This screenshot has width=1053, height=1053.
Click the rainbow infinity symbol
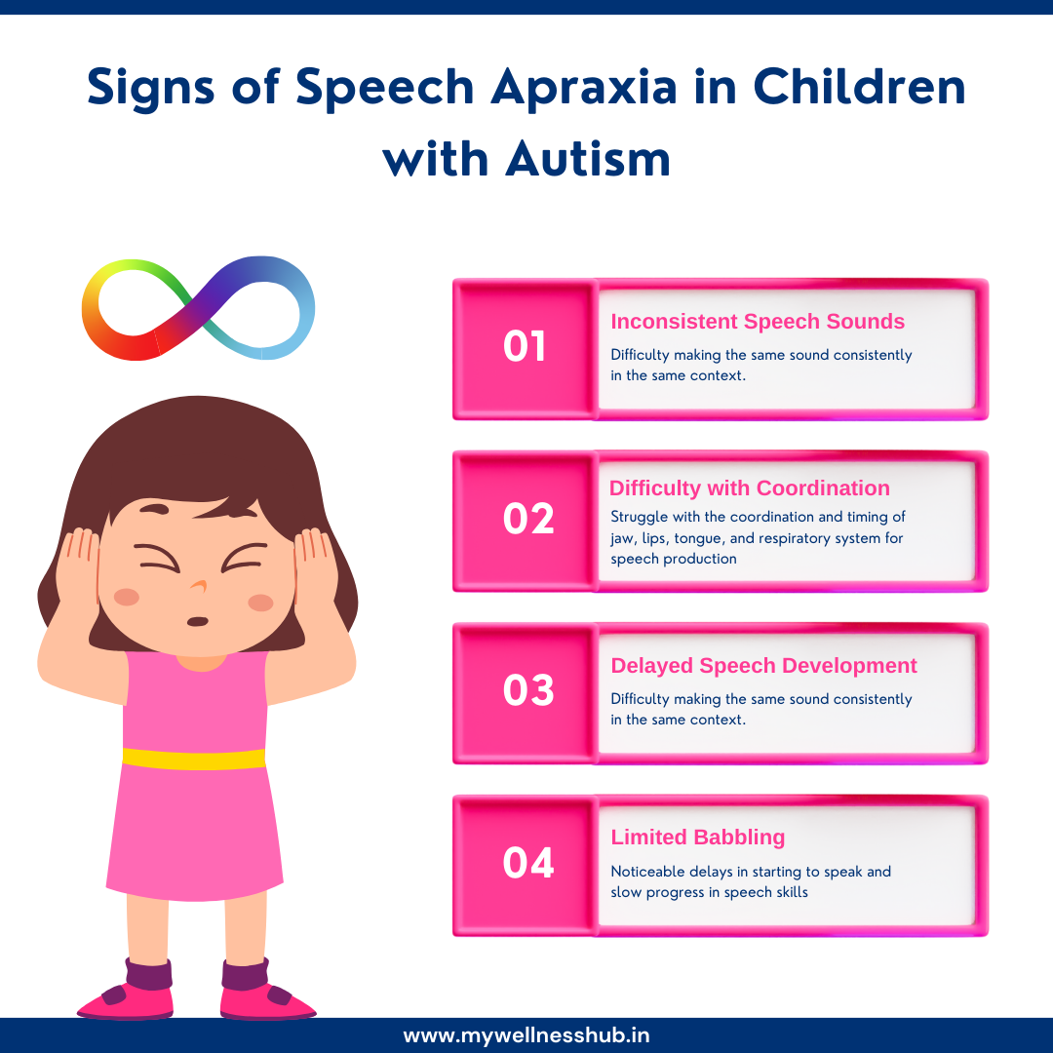(198, 308)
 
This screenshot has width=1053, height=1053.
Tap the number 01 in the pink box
(525, 347)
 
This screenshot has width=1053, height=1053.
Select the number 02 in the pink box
(528, 519)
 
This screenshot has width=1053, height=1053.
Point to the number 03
(528, 690)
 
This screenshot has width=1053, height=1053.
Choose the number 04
(528, 862)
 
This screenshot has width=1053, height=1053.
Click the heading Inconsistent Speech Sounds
(758, 322)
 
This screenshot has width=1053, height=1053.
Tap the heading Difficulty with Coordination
(750, 488)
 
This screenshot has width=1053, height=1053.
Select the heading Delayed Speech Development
(763, 666)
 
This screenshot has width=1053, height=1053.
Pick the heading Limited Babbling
(697, 837)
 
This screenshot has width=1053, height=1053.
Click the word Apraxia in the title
(582, 87)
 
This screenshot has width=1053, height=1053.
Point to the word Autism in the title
(588, 157)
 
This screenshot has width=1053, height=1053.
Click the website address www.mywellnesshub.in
(526, 1035)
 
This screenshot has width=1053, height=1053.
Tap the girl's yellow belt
(194, 759)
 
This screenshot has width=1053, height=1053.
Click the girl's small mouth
(197, 621)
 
